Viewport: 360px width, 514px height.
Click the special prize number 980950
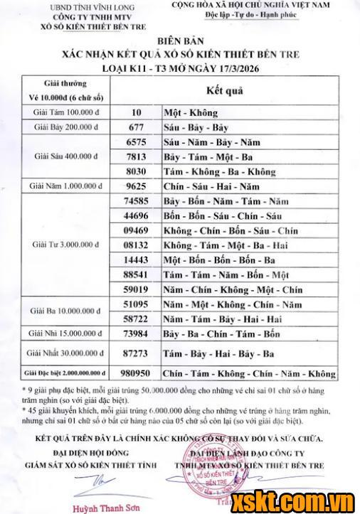(x=135, y=373)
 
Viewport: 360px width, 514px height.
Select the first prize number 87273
(x=135, y=353)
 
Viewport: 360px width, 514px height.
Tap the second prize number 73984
(x=135, y=333)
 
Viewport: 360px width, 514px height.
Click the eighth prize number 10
(x=135, y=112)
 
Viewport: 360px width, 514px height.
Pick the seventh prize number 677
(x=135, y=127)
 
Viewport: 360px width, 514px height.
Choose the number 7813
(x=135, y=156)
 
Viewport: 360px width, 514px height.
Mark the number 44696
(x=135, y=215)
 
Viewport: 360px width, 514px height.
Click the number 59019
(x=135, y=289)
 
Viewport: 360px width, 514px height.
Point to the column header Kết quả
(x=224, y=92)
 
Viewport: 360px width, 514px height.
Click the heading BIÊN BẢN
(x=180, y=41)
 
